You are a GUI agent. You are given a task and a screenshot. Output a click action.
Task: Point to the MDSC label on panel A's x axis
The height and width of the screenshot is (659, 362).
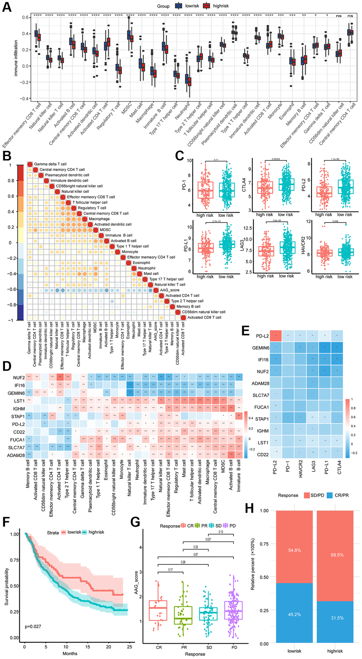pyautogui.click(x=127, y=109)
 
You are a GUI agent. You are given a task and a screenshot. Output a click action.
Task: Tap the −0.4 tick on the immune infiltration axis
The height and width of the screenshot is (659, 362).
pyautogui.click(x=25, y=99)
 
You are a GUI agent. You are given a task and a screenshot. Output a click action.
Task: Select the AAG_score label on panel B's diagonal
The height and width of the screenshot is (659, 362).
pyautogui.click(x=170, y=290)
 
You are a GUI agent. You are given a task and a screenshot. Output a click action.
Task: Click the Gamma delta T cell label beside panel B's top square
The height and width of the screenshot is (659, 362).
pyautogui.click(x=50, y=164)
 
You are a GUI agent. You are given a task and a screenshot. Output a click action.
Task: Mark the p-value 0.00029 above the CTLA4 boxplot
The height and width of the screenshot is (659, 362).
pyautogui.click(x=276, y=159)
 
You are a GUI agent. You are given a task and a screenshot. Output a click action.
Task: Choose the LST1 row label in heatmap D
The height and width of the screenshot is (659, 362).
pyautogui.click(x=19, y=401)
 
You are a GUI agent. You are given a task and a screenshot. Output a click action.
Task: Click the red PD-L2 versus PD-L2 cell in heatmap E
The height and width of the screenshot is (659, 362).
pyautogui.click(x=275, y=336)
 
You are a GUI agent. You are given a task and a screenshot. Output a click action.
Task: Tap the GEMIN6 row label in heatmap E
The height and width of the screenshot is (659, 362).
pyautogui.click(x=260, y=348)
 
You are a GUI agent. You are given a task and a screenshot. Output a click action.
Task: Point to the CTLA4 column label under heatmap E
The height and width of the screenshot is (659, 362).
pyautogui.click(x=339, y=468)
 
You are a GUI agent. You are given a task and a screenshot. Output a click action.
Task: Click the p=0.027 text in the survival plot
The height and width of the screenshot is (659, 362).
pyautogui.click(x=33, y=626)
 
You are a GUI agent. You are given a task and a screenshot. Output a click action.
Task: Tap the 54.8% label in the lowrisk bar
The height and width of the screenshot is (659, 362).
pyautogui.click(x=295, y=550)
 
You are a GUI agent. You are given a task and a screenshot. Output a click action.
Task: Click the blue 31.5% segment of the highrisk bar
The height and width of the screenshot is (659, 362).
pyautogui.click(x=335, y=618)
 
